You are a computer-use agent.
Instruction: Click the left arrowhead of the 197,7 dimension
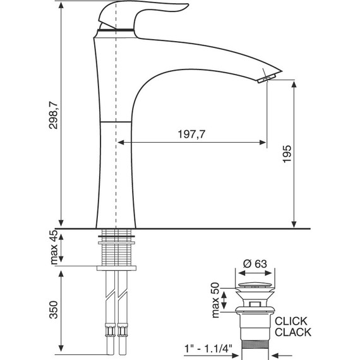121,143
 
